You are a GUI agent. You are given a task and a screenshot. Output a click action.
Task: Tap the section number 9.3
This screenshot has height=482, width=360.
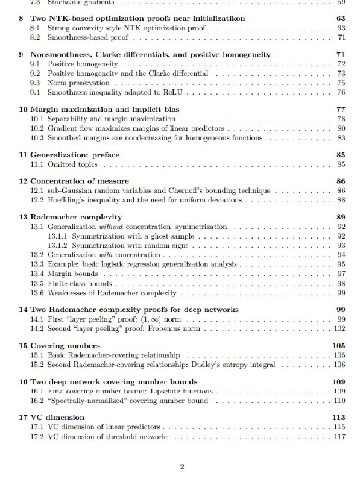click(36, 83)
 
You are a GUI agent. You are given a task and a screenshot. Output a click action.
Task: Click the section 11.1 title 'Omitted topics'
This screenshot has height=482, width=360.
click(72, 164)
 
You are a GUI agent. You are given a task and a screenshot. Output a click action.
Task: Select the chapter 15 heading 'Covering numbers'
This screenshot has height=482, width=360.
click(65, 346)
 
